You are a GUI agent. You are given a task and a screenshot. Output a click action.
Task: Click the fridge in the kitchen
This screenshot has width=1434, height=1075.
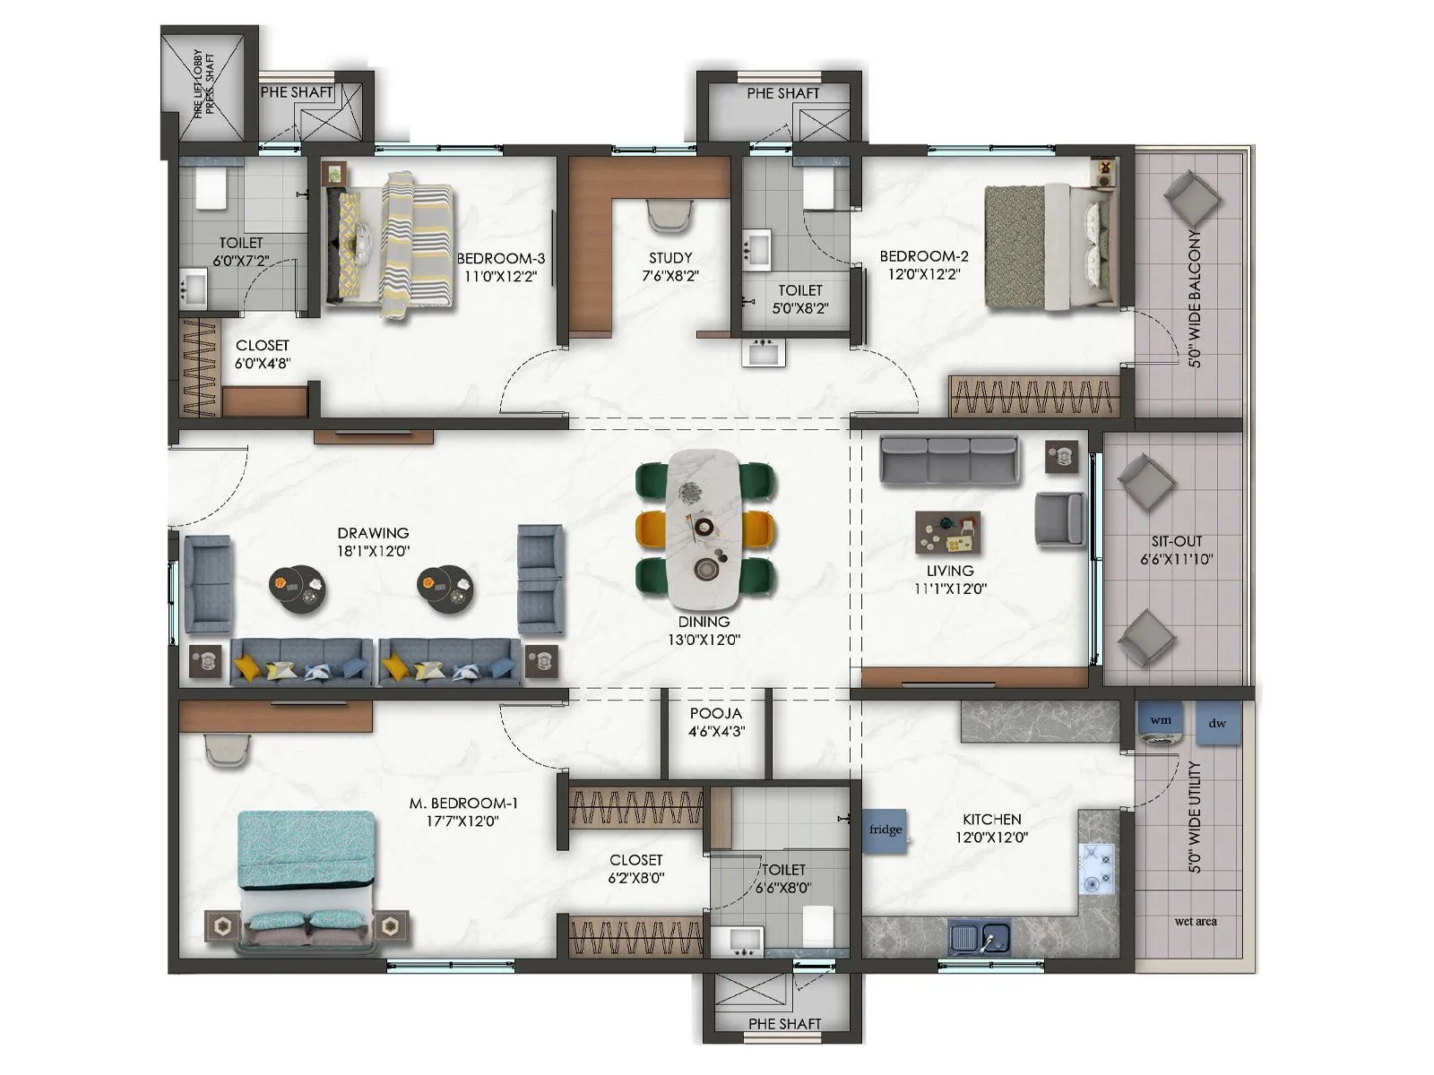point(885,830)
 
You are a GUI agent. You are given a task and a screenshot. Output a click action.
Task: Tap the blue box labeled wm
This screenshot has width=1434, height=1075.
point(1161,720)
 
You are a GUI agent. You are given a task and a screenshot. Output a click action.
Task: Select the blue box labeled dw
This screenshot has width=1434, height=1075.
point(1217,723)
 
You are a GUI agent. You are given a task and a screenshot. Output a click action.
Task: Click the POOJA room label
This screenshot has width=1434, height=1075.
point(715,713)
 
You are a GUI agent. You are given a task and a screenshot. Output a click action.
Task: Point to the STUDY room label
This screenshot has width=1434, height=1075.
point(670,258)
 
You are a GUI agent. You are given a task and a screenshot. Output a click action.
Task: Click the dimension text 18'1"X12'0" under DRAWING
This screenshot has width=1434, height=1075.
point(373,552)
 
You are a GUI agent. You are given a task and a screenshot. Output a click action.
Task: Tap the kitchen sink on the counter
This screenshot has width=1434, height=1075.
point(979,938)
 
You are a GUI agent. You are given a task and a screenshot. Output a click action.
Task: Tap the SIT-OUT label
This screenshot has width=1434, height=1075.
point(1177,541)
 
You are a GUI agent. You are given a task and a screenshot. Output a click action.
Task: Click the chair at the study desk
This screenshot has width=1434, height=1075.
point(669,215)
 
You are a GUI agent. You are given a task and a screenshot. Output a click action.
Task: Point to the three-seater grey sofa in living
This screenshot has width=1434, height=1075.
point(948,460)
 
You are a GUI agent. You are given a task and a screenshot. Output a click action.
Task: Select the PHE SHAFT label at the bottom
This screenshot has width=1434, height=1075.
point(784,1023)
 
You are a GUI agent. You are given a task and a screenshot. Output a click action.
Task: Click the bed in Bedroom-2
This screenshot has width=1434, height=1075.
point(1045,248)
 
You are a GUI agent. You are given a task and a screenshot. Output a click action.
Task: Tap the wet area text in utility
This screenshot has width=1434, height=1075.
point(1196,921)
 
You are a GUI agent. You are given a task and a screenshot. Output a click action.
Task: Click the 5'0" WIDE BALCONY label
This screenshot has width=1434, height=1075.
point(1195,298)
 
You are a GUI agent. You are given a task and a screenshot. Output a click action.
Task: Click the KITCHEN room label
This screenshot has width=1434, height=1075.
point(991,819)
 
